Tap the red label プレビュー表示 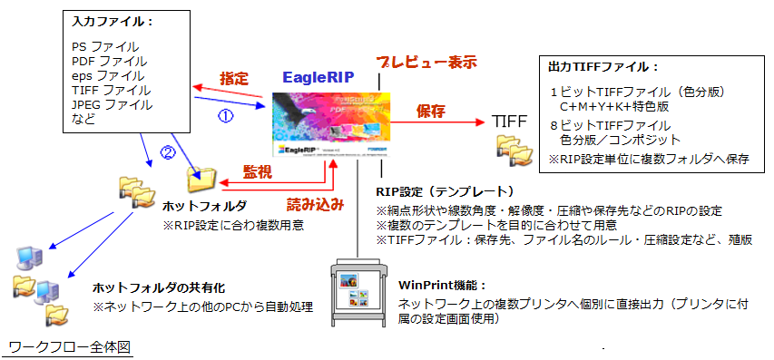[x=426, y=63]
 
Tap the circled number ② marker [x=166, y=152]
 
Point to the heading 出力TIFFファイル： [x=603, y=66]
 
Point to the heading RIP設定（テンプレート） [x=445, y=191]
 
